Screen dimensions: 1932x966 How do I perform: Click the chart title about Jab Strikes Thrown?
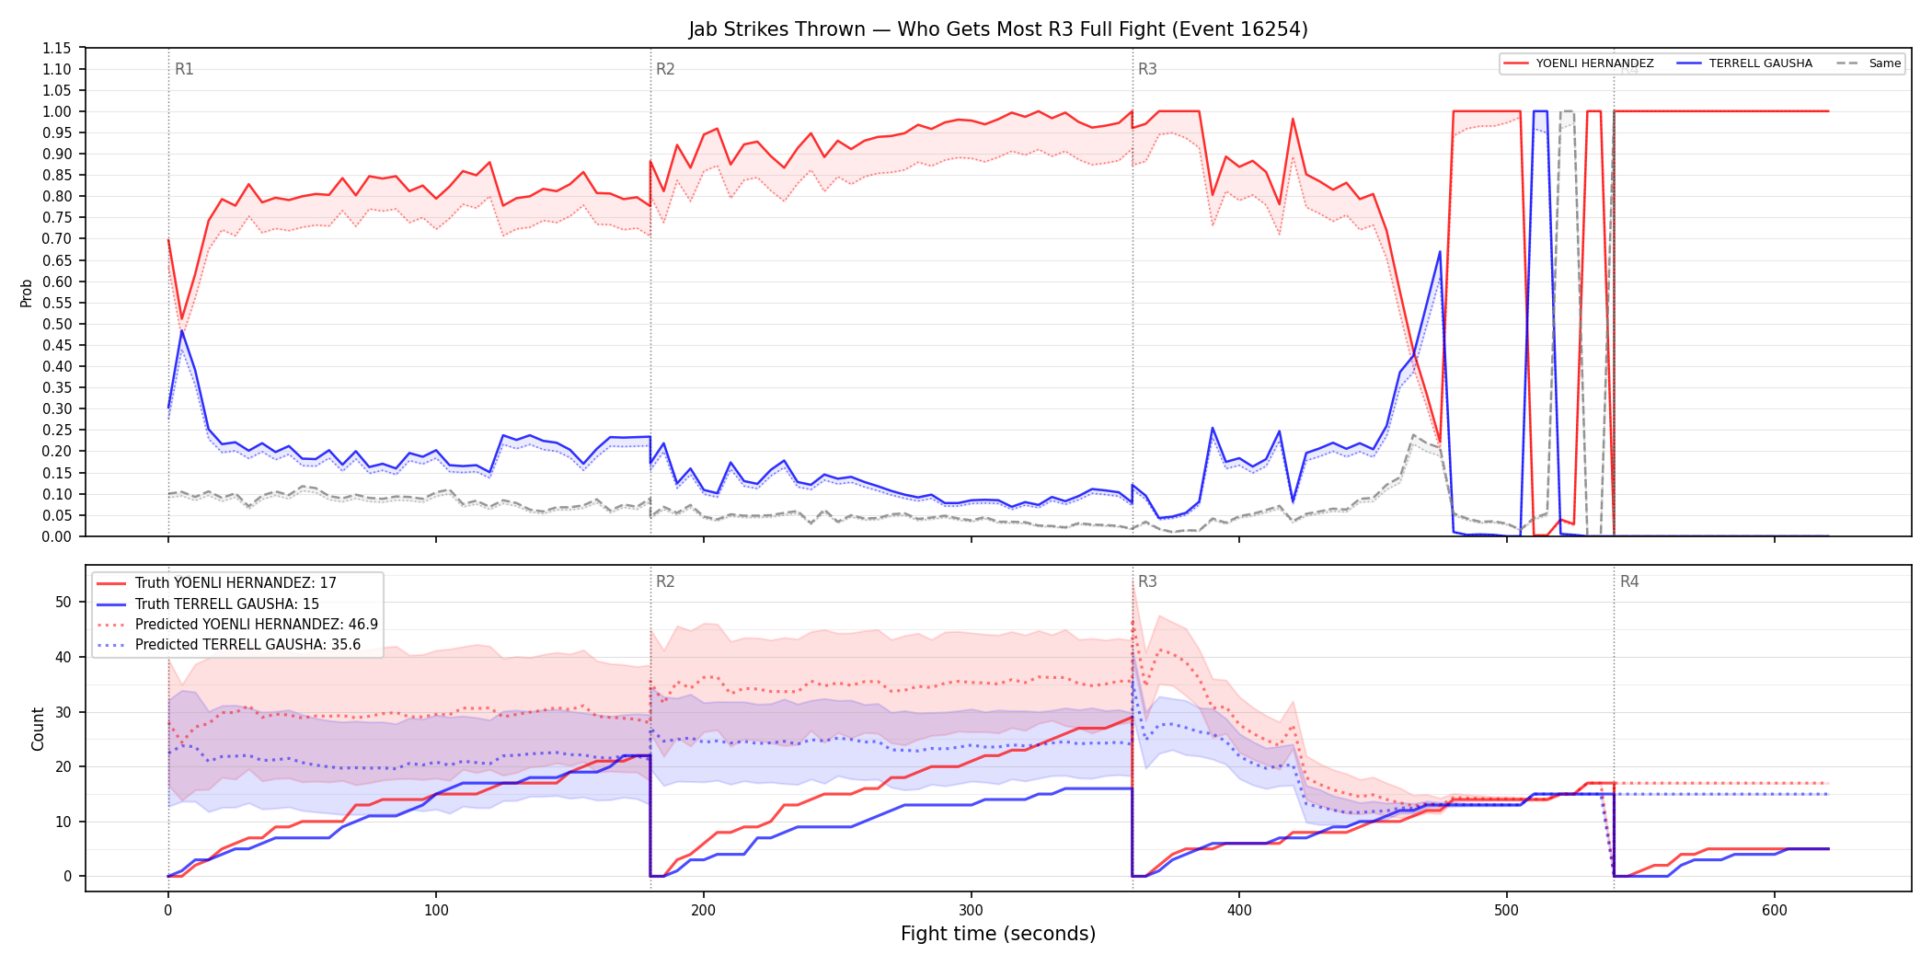point(998,29)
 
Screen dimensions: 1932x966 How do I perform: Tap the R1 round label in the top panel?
point(184,69)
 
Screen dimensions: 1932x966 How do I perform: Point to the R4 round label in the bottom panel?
point(1629,581)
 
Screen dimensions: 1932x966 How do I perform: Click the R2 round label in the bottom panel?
point(665,581)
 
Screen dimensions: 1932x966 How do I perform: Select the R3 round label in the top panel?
point(1147,69)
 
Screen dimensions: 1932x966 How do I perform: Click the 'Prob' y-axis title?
point(27,293)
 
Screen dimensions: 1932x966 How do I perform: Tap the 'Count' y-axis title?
point(38,729)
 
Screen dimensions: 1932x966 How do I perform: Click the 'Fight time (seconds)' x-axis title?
point(998,934)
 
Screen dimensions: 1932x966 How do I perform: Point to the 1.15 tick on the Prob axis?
point(56,48)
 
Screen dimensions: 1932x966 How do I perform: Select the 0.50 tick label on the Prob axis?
point(56,324)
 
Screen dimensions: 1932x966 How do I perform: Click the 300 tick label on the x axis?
point(972,911)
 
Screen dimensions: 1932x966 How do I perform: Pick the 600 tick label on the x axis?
point(1775,911)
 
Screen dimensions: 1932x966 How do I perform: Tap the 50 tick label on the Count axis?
point(63,602)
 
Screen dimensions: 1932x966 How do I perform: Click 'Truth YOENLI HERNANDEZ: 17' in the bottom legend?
point(236,583)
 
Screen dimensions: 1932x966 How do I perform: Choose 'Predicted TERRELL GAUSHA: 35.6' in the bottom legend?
point(247,645)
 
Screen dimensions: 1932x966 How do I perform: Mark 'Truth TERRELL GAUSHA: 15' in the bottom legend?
point(227,604)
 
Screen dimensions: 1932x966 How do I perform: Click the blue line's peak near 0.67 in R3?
point(1440,251)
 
